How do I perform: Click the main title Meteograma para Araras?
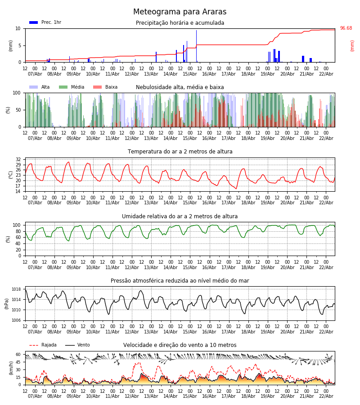[180, 12]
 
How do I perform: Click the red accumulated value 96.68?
[346, 28]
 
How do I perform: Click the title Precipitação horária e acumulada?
[180, 23]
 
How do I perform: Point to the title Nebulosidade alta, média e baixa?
[180, 87]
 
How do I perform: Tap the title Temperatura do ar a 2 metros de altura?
[180, 152]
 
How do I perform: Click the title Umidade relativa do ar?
[180, 216]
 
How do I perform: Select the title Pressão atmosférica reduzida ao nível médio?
[180, 281]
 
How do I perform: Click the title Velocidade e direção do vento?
[180, 345]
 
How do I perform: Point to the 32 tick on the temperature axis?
[18, 160]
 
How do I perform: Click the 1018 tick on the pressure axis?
[16, 289]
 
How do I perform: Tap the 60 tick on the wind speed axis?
[18, 354]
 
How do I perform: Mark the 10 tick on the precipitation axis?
[18, 28]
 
